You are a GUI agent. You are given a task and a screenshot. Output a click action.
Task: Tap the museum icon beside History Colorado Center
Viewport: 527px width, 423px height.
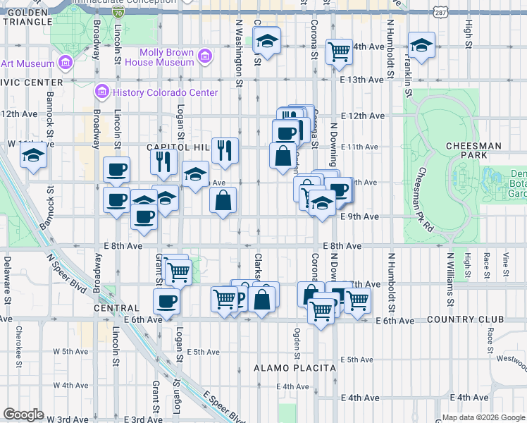(x=101, y=92)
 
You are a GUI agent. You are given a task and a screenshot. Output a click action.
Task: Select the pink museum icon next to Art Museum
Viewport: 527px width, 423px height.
(x=65, y=63)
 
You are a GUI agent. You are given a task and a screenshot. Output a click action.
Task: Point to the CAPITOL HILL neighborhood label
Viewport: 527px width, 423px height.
(x=178, y=147)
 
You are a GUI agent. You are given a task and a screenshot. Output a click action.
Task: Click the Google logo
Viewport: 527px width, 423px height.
(x=24, y=414)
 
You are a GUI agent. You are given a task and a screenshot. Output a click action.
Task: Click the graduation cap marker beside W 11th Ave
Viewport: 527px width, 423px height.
(x=32, y=157)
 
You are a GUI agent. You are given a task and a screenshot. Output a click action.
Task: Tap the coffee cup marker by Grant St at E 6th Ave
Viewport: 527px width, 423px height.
(x=167, y=301)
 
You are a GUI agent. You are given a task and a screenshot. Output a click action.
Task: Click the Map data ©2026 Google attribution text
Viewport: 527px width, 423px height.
(x=483, y=417)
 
